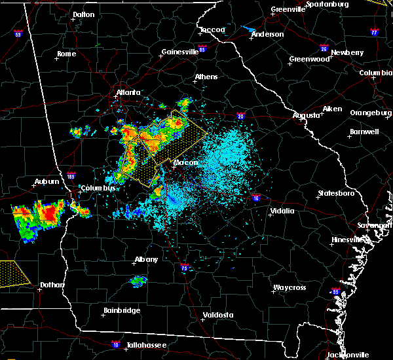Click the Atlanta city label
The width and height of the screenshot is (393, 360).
click(x=128, y=93)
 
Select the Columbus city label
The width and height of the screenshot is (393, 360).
click(x=99, y=188)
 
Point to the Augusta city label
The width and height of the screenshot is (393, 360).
click(x=306, y=115)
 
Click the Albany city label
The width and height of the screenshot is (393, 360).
click(x=146, y=259)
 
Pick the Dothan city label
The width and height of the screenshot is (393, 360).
click(x=52, y=285)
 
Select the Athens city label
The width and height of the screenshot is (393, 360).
click(x=206, y=77)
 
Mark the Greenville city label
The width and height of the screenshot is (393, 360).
click(x=289, y=10)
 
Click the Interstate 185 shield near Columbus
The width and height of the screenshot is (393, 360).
click(x=71, y=176)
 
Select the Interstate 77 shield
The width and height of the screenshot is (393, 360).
click(x=374, y=31)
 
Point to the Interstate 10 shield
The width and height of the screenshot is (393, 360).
click(x=115, y=344)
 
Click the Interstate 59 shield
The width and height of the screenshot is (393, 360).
click(x=18, y=33)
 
